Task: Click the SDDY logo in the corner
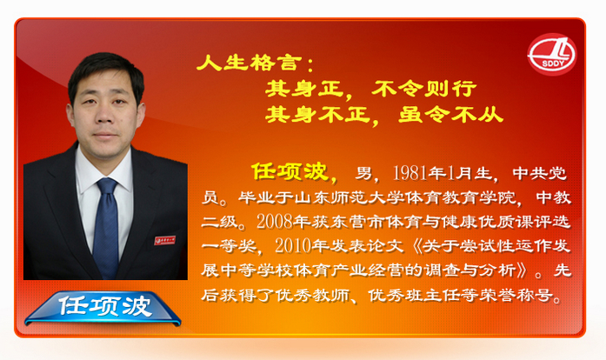pyautogui.click(x=552, y=55)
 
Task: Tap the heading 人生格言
pyautogui.click(x=250, y=63)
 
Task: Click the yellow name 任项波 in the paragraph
pyautogui.click(x=290, y=171)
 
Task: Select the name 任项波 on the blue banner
pyautogui.click(x=105, y=306)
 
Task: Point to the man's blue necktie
pyautogui.click(x=106, y=226)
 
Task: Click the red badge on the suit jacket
pyautogui.click(x=165, y=240)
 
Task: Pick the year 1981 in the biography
pyautogui.click(x=410, y=173)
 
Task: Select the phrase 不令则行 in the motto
pyautogui.click(x=424, y=89)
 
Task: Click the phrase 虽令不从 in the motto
pyautogui.click(x=450, y=114)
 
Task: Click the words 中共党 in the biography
pyautogui.click(x=540, y=174)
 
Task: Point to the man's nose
pyautogui.click(x=103, y=115)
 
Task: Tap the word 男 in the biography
pyautogui.click(x=363, y=174)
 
